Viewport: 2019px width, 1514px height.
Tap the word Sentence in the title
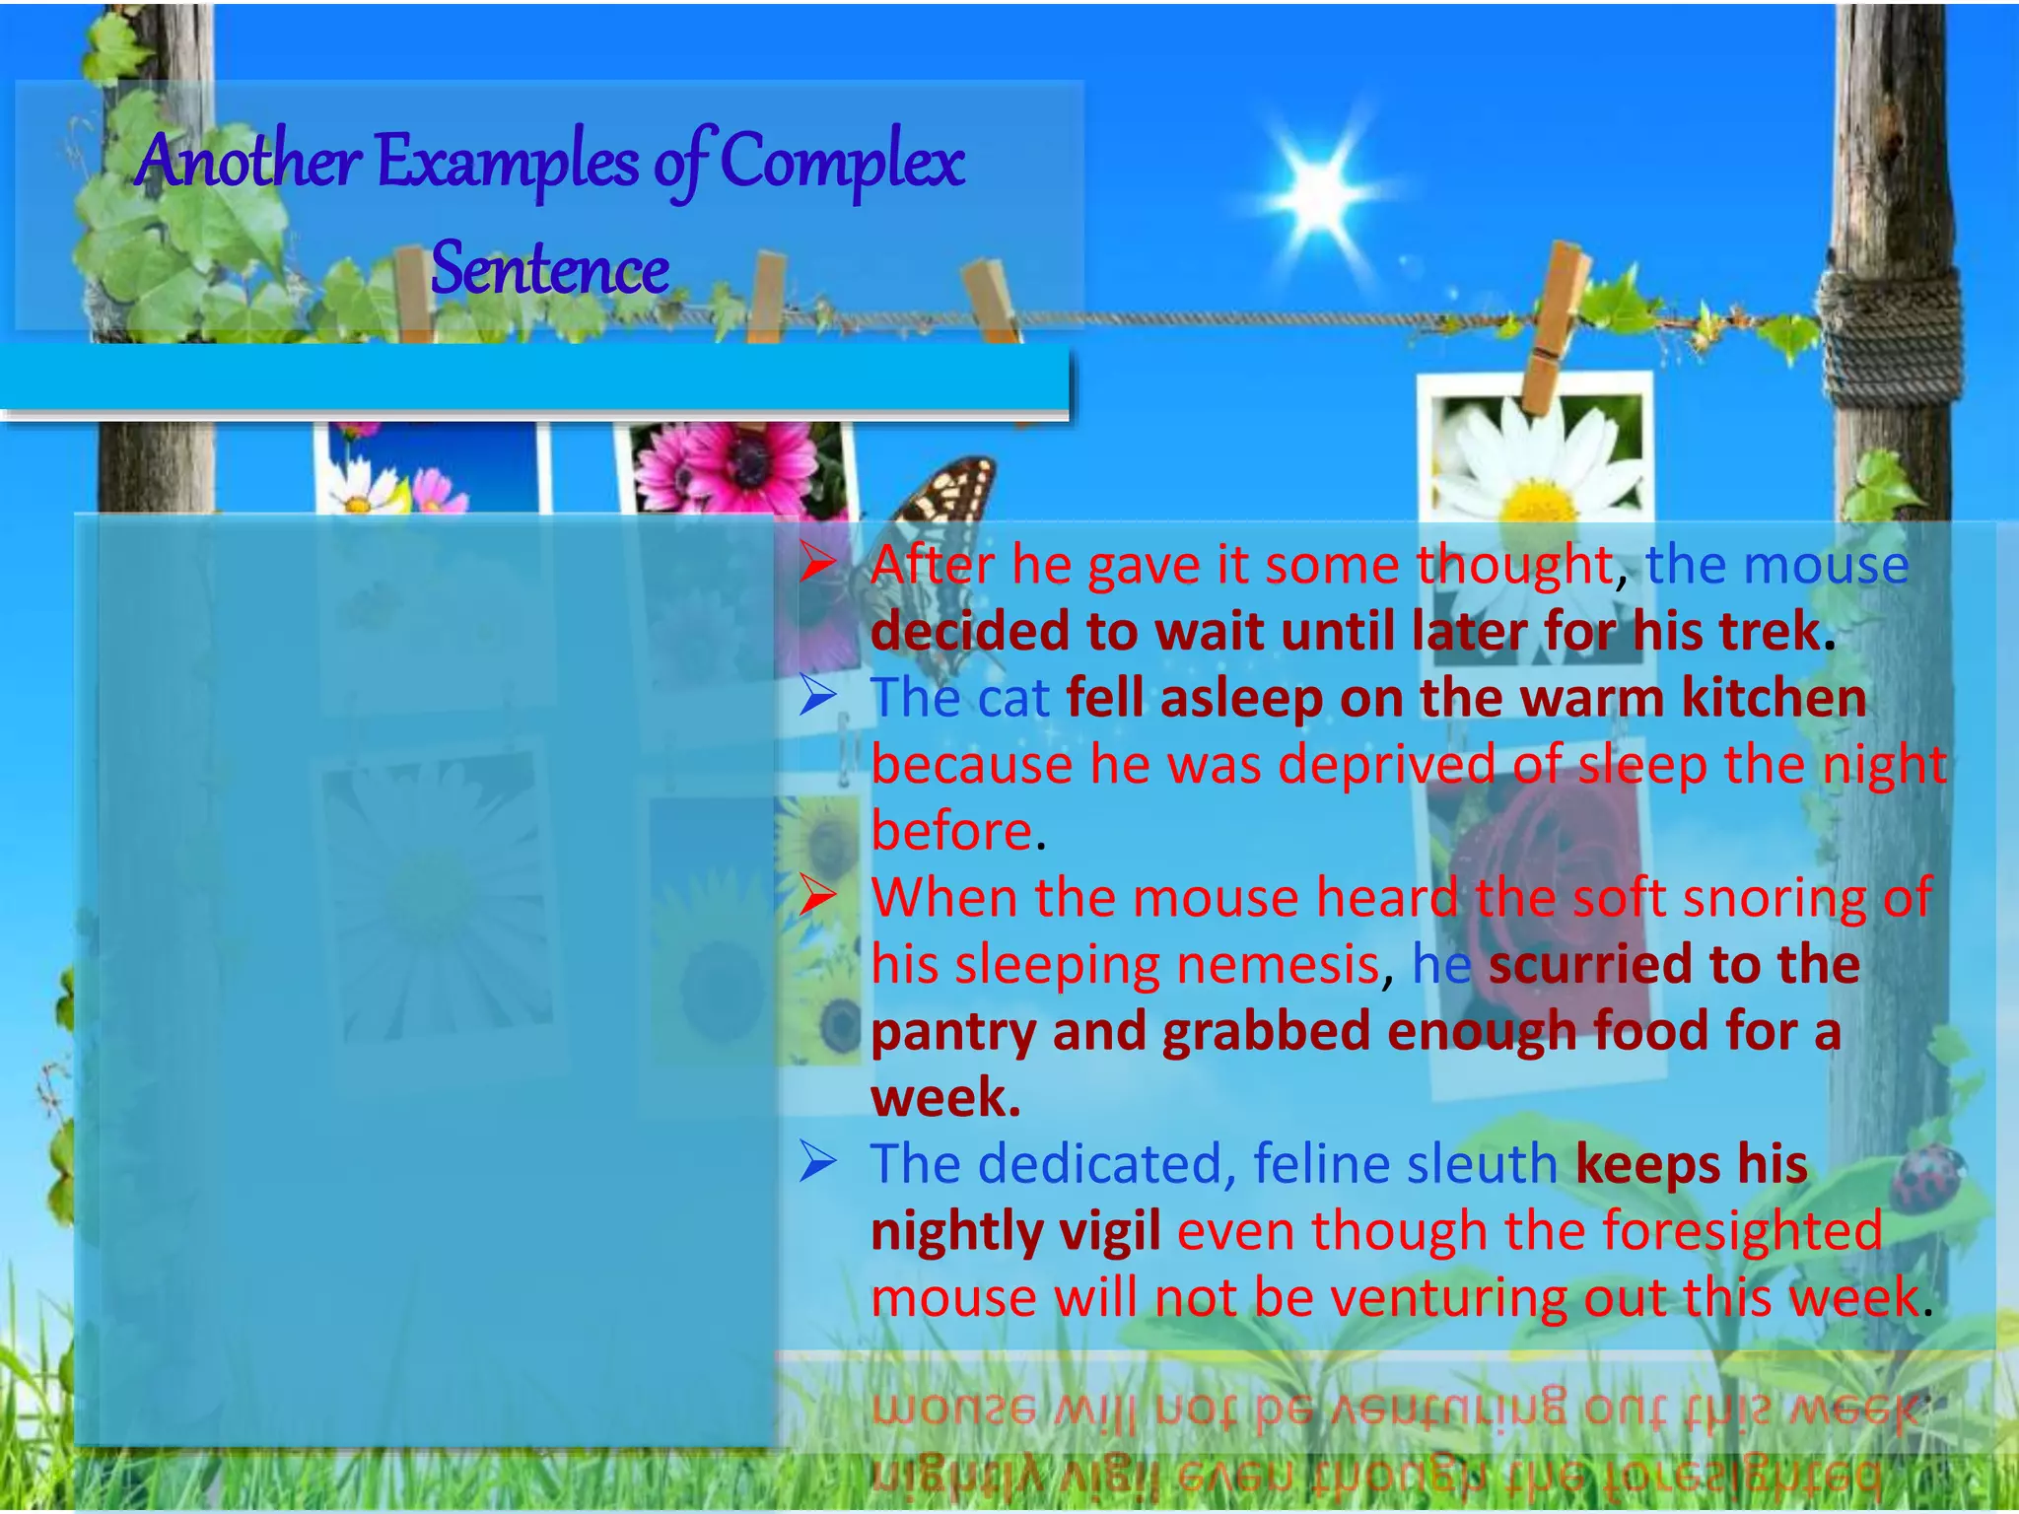click(x=550, y=269)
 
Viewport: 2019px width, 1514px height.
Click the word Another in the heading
click(x=250, y=161)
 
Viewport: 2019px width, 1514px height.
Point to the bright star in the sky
click(x=1319, y=194)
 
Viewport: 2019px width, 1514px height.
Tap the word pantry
click(x=953, y=1031)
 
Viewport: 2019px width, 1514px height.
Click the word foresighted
click(x=1742, y=1231)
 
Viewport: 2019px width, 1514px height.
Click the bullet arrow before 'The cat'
click(x=817, y=696)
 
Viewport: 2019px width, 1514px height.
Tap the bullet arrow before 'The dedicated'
click(x=817, y=1162)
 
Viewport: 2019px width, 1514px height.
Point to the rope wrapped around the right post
click(x=1887, y=335)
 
